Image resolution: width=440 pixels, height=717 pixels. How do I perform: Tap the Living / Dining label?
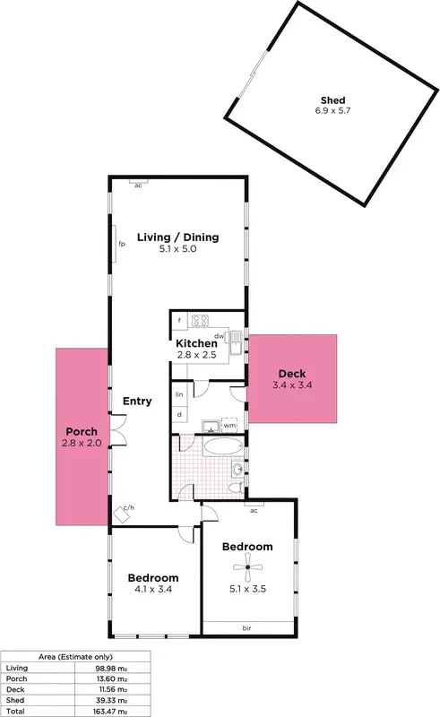pos(177,238)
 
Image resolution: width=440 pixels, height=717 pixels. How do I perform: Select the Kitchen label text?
pos(196,343)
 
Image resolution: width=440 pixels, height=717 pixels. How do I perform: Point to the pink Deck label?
pos(292,374)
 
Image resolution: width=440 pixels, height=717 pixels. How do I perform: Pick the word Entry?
pos(137,401)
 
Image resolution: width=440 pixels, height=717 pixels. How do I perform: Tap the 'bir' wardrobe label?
pos(246,627)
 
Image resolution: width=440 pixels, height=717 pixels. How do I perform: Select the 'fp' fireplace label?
pos(121,243)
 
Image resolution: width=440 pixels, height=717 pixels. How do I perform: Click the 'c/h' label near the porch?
pos(128,508)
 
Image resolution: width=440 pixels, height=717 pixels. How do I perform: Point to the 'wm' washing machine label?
pos(229,426)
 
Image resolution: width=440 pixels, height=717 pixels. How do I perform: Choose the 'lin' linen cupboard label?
pos(179,394)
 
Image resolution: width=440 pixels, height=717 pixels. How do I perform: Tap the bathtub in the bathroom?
pos(220,445)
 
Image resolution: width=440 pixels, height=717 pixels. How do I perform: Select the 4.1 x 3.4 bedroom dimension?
pos(152,590)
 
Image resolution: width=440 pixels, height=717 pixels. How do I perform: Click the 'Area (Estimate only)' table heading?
pos(74,657)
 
